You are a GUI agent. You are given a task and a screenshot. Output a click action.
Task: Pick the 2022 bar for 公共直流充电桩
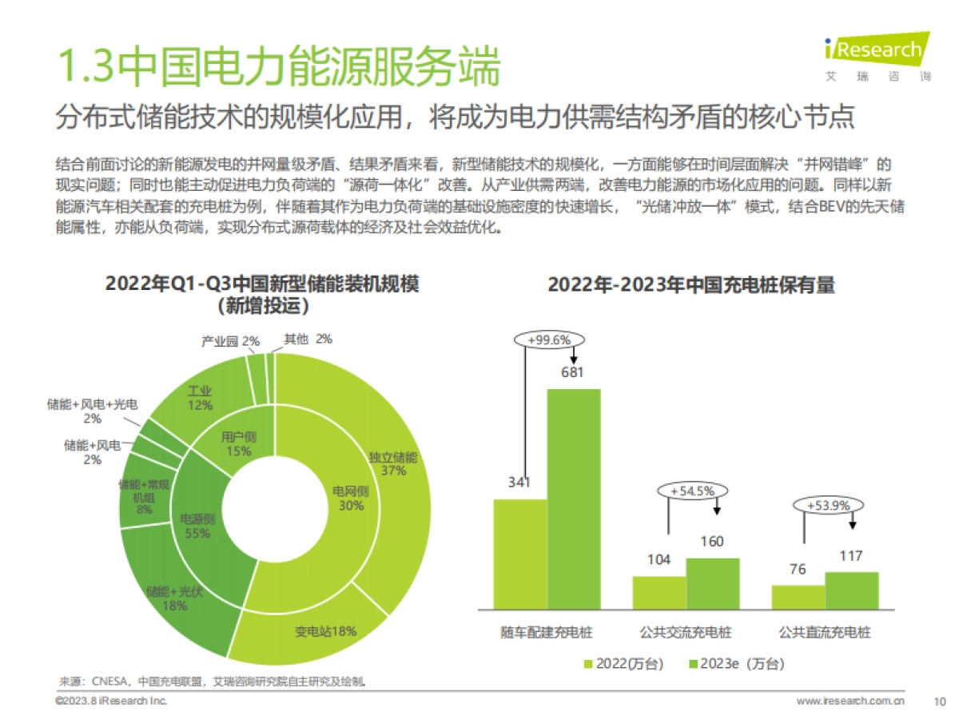[798, 597]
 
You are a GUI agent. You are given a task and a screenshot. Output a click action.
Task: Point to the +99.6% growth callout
[549, 340]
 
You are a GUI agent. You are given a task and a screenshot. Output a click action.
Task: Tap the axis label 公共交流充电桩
[686, 633]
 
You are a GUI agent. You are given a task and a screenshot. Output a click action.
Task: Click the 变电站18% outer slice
[324, 631]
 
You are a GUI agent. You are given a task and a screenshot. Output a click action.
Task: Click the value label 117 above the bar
[851, 556]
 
